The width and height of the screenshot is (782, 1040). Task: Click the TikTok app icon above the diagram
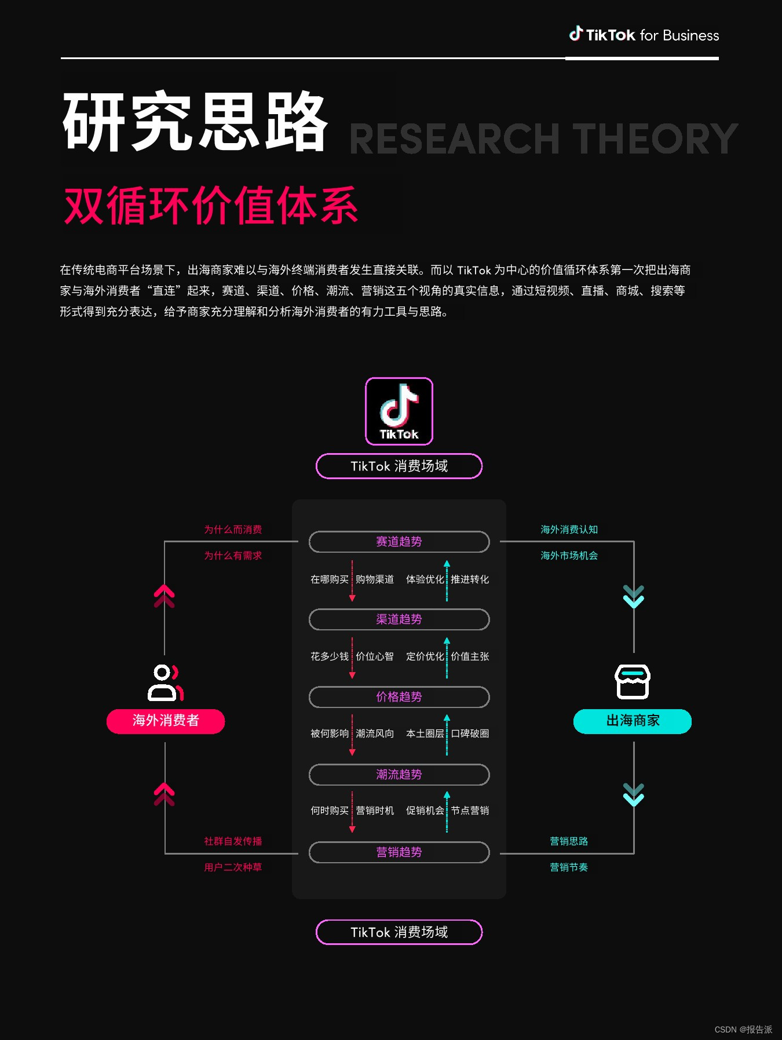point(399,411)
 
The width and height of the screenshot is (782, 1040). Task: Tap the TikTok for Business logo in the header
point(644,35)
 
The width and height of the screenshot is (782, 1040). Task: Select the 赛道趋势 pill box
point(399,542)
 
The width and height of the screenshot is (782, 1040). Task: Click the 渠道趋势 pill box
point(399,619)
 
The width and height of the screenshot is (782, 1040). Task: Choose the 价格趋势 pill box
point(399,697)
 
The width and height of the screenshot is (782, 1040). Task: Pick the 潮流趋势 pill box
point(399,775)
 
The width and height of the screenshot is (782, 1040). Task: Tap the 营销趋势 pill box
point(399,852)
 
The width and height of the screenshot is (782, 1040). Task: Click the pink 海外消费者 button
point(166,721)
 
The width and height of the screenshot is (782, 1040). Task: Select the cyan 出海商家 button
point(633,721)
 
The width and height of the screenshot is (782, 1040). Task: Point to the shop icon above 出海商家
point(632,682)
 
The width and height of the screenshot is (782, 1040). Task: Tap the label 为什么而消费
point(233,530)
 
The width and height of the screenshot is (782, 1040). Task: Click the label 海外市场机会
point(569,556)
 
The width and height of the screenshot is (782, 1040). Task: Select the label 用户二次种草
point(233,867)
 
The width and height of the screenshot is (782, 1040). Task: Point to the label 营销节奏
point(569,867)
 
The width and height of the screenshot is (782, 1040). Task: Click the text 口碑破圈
point(470,734)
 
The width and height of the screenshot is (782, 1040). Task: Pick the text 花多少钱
point(330,656)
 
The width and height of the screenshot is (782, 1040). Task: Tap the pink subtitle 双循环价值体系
point(211,206)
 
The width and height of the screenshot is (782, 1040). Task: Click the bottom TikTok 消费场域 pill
point(399,932)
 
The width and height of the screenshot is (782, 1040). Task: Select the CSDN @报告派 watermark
point(743,1030)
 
